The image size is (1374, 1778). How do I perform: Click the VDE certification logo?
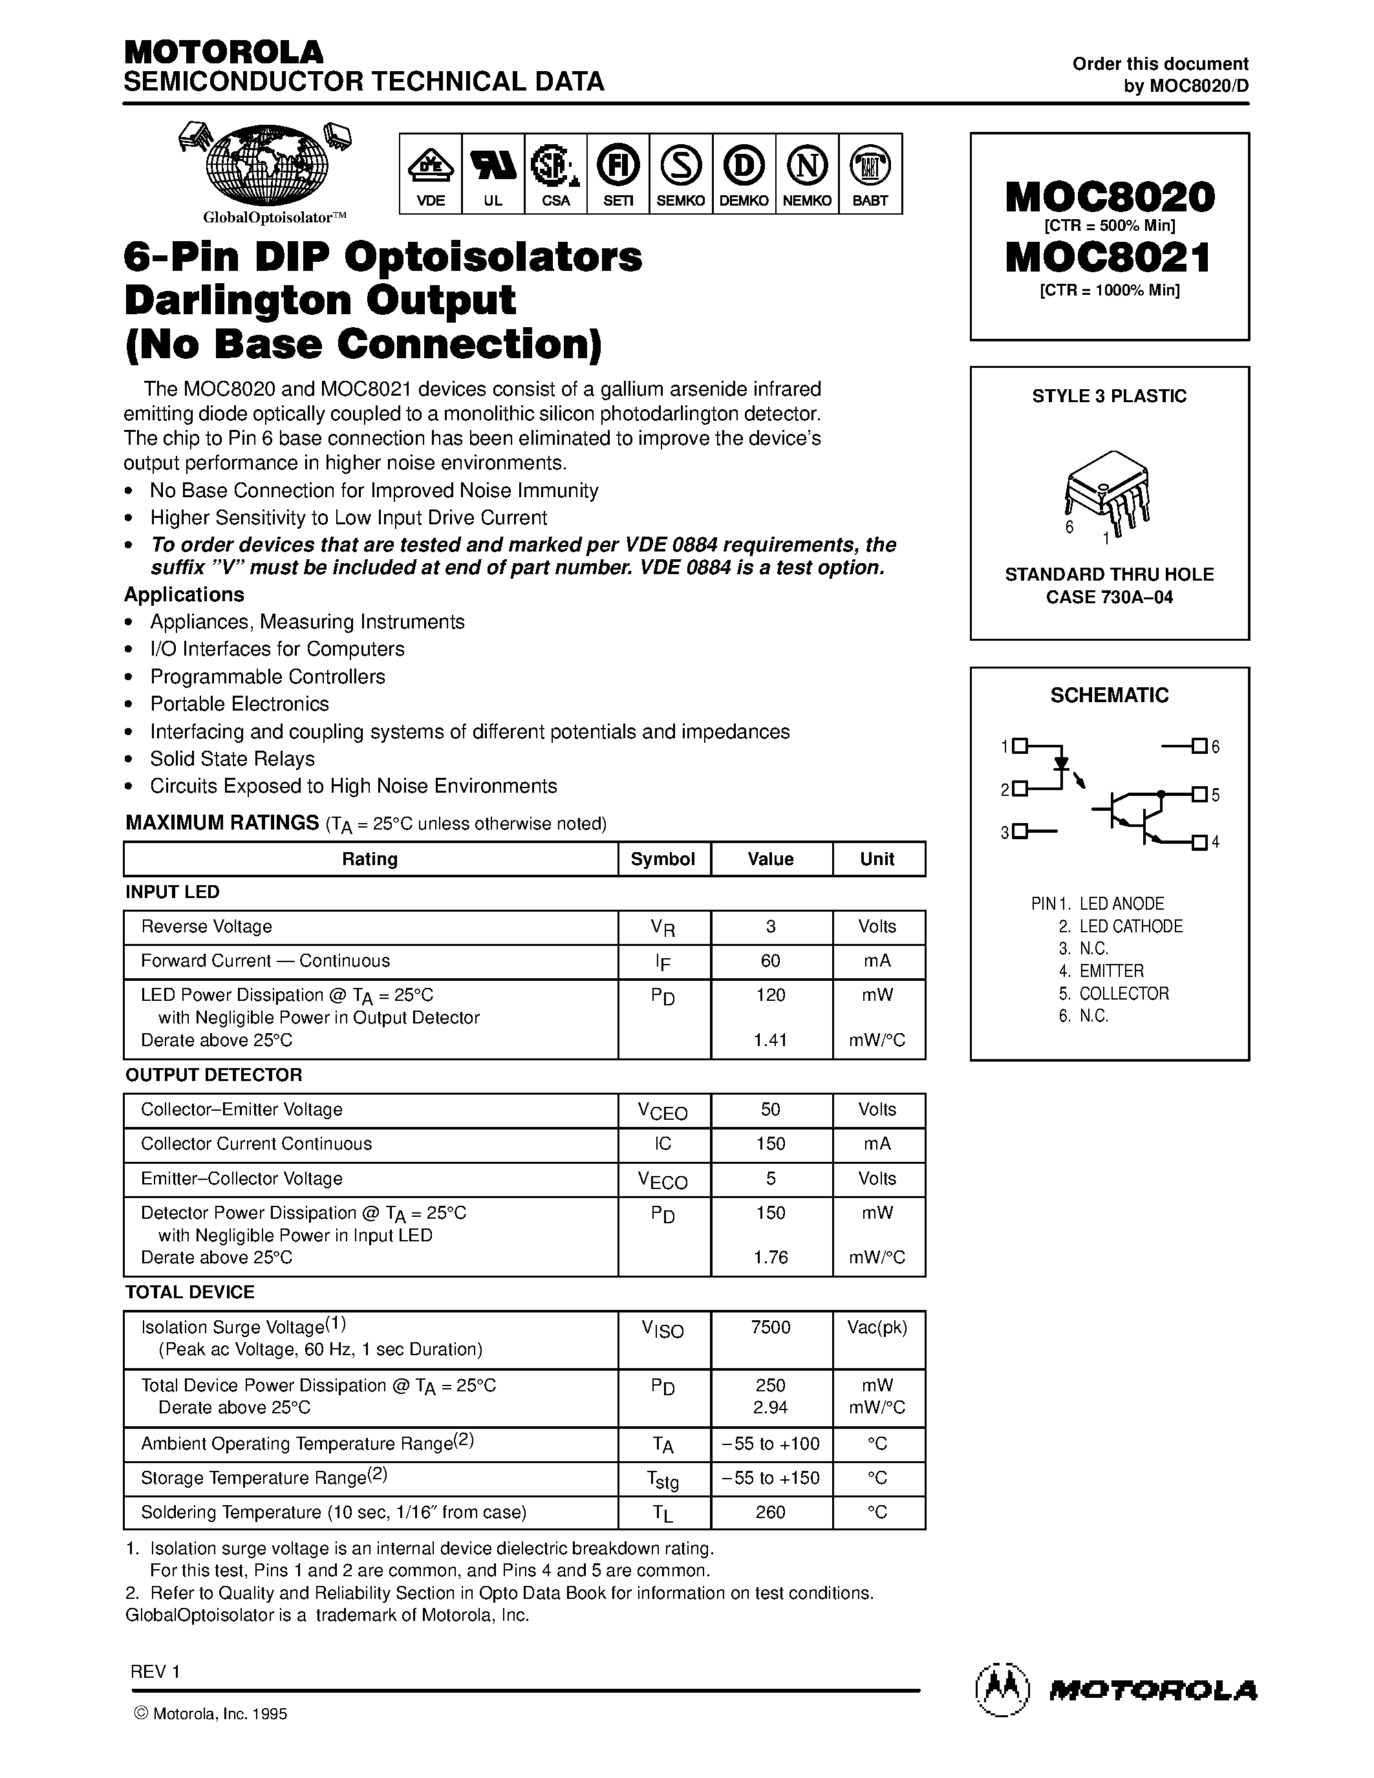tap(430, 166)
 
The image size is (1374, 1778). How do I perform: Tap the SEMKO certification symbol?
tap(680, 166)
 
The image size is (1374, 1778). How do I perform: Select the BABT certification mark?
tap(869, 166)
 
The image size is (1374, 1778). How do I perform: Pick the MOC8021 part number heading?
tap(1109, 257)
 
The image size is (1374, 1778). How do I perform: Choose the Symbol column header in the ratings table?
tap(663, 859)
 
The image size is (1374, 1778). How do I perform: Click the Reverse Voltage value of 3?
tap(770, 926)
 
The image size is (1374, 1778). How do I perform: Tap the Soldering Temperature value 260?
tap(770, 1512)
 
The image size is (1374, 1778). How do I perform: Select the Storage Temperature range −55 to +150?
tap(770, 1477)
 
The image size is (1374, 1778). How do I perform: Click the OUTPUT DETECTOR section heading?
tap(213, 1075)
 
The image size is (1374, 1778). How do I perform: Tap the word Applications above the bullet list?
tap(184, 594)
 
